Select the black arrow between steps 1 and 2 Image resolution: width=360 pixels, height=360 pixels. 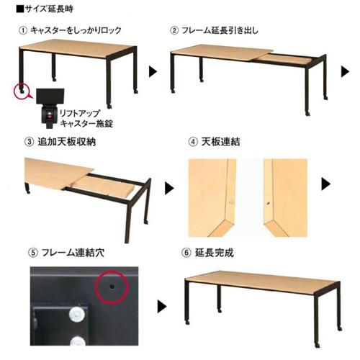(x=153, y=72)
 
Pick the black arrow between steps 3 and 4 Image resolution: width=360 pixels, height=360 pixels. (x=169, y=189)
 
